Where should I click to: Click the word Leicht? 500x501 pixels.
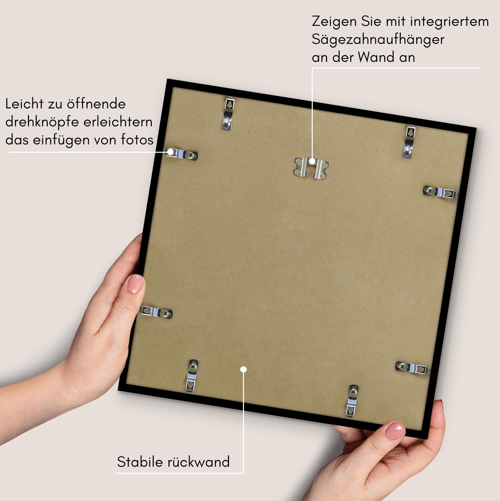[24, 104]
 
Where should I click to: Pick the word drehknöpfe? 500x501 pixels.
[42, 122]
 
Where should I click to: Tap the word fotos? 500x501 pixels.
[137, 140]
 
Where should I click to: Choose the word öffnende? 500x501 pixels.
[96, 104]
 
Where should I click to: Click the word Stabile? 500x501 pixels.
[140, 462]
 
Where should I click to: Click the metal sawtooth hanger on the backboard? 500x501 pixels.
[311, 168]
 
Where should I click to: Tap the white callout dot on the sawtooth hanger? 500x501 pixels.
[312, 161]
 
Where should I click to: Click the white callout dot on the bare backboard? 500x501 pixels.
[243, 369]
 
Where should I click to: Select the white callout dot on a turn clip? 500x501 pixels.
[170, 152]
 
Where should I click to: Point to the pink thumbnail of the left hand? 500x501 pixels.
[135, 284]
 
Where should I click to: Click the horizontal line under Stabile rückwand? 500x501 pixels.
[179, 473]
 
